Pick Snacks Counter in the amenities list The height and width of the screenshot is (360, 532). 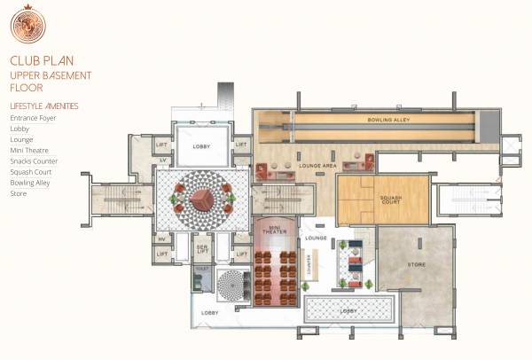coord(34,161)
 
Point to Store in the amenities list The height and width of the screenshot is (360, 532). coord(18,193)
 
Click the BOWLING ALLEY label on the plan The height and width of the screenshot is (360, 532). coord(387,119)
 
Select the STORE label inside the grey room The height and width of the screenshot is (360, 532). coord(417,264)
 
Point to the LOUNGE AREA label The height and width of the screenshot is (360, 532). coord(317,166)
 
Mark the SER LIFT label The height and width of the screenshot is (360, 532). coord(202,250)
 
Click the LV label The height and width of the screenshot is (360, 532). coord(162,160)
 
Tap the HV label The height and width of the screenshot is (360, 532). coord(162,239)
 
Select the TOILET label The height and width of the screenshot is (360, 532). coord(201,266)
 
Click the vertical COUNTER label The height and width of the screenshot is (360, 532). coord(305,262)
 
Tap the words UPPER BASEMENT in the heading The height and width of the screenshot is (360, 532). coord(51,75)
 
